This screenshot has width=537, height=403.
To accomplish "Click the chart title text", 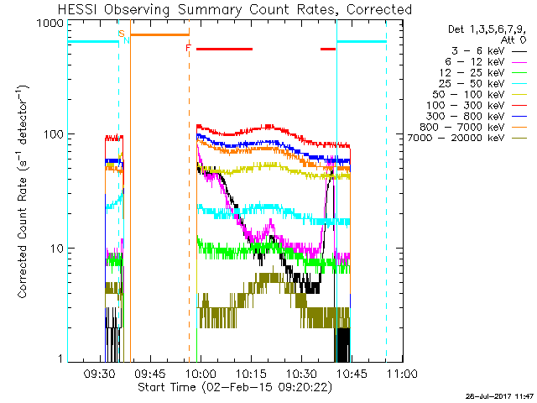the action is tap(235, 9).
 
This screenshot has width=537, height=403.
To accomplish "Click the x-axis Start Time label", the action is tap(235, 387).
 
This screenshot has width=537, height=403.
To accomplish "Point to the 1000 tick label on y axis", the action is tap(50, 24).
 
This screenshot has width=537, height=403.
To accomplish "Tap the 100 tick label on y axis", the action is tap(54, 134).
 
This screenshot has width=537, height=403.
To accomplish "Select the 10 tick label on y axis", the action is tap(57, 249).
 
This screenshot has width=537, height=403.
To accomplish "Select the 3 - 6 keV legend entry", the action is tap(489, 51).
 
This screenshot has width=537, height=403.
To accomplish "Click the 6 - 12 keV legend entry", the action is tap(486, 62).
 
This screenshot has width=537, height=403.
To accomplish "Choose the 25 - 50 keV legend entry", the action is tap(483, 84).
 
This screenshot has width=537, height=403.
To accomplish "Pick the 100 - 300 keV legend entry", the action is tap(477, 106).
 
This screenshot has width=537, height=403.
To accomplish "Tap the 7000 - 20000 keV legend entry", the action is tap(467, 138).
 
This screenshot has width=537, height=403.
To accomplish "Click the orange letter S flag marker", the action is tap(121, 34).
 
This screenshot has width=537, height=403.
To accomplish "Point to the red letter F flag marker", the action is tap(188, 48).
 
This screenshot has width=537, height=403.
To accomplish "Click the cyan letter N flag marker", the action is tap(127, 40).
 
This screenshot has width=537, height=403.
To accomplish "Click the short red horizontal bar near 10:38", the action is tap(328, 50).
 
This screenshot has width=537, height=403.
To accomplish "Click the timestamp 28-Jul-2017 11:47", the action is tap(500, 396).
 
